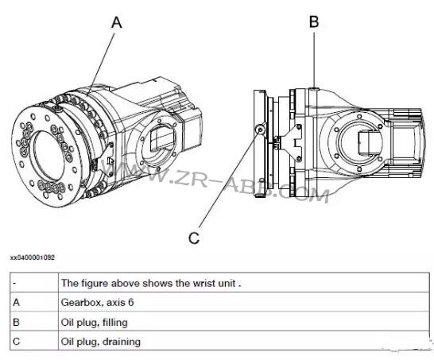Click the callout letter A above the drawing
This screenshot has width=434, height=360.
point(117,23)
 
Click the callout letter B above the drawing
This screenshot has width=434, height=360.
point(314,22)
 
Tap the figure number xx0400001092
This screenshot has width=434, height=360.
point(33,257)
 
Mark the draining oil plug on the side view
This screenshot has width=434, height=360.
point(259,130)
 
